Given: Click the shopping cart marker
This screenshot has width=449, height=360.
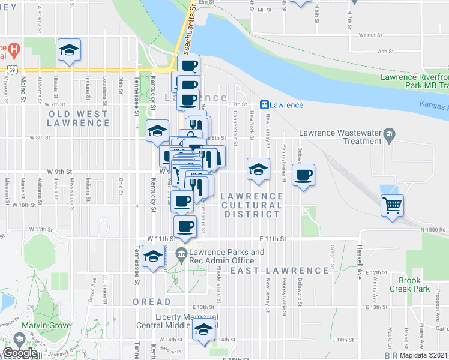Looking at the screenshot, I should click(392, 205).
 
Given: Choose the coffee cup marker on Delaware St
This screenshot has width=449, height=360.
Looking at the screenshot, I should click(303, 175).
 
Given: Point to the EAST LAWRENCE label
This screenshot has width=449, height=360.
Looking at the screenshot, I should click(280, 271).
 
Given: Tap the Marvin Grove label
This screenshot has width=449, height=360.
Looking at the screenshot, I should click(43, 326).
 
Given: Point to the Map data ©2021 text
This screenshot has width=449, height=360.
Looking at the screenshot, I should click(424, 355).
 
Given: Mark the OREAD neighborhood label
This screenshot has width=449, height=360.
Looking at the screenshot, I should click(151, 302).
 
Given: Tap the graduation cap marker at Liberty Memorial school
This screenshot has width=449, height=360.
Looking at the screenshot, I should click(203, 331).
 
